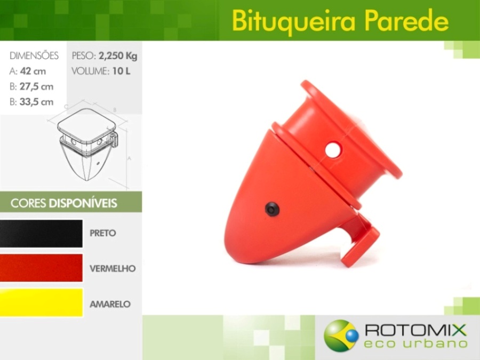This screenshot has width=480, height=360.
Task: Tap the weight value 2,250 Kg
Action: point(118,56)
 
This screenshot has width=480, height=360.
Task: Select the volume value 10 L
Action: point(121,71)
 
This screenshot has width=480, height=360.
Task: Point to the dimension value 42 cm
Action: point(33,71)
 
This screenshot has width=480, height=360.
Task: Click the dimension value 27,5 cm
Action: point(36,86)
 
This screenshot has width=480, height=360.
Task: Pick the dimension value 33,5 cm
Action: point(36,102)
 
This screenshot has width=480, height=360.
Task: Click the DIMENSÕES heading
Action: point(34,55)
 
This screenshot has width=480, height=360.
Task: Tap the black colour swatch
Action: point(41,233)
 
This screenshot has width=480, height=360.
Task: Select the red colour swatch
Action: point(41,268)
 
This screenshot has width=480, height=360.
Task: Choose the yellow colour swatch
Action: point(41,302)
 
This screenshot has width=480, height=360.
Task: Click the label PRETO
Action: point(103,233)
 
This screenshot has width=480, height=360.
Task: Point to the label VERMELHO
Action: point(113,268)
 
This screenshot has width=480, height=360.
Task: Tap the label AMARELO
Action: point(110,304)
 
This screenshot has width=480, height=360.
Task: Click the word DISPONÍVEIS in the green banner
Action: point(83,203)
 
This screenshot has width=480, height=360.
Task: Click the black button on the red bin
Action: point(272,209)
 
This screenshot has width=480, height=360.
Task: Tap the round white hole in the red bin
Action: point(333,150)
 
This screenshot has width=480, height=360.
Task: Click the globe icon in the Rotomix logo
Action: point(341,335)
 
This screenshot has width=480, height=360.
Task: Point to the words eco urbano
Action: point(415,343)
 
